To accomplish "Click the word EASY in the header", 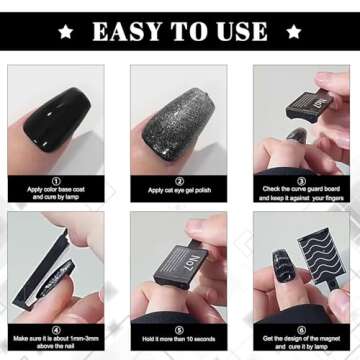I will coord(130,31).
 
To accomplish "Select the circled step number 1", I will coord(55,177).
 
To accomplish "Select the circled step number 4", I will coord(55,325).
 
